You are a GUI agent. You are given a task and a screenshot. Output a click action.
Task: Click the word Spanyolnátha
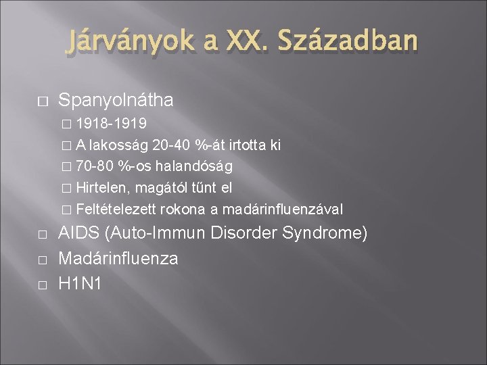(x=116, y=101)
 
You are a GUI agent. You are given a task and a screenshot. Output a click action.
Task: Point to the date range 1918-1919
(x=113, y=124)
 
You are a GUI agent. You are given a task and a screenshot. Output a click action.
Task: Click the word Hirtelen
(x=101, y=187)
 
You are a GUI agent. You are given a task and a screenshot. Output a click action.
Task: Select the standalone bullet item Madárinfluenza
(x=118, y=258)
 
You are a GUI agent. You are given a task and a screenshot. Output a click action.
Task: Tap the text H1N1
(x=80, y=283)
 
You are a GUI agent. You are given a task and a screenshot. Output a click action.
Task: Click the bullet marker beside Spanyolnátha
(x=41, y=101)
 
